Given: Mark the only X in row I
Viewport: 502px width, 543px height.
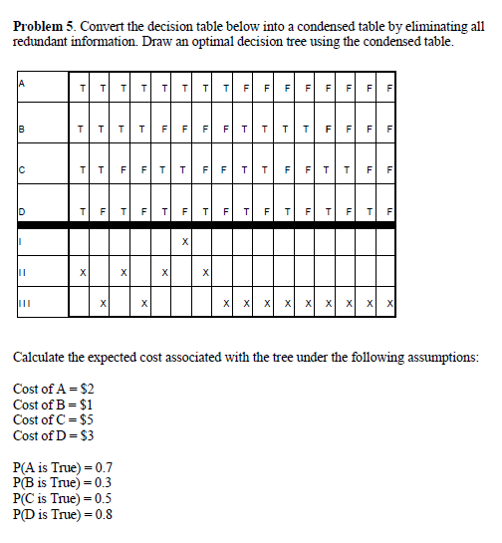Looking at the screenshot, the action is (184, 242).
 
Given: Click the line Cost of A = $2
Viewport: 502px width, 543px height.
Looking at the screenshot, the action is (55, 388).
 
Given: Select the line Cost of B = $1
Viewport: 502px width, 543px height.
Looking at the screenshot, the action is (54, 404).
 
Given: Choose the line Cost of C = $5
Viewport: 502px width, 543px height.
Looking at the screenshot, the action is (54, 419).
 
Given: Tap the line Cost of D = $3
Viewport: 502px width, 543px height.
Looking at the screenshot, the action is (55, 435).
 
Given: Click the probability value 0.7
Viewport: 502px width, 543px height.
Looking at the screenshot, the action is (102, 467).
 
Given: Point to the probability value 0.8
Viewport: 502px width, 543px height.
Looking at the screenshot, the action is (102, 515).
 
